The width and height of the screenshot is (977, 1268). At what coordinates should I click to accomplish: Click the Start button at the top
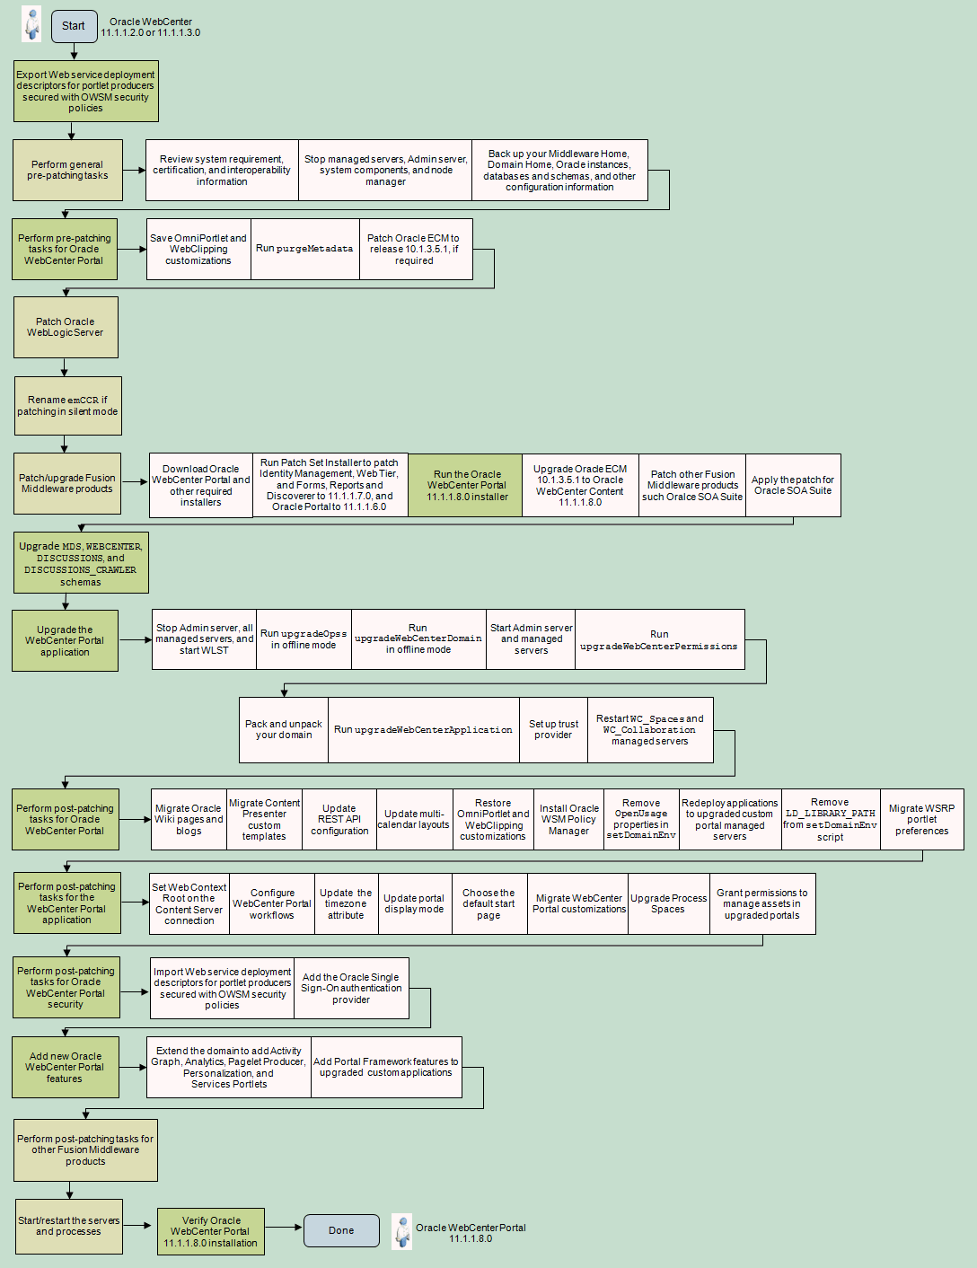(x=74, y=26)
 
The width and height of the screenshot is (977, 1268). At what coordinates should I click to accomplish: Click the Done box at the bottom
(x=341, y=1230)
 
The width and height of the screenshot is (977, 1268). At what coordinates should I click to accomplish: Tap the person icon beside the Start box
(x=31, y=24)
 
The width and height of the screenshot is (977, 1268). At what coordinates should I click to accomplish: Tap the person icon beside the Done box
(x=401, y=1231)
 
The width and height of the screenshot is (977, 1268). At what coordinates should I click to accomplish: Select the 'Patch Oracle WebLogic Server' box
(x=66, y=328)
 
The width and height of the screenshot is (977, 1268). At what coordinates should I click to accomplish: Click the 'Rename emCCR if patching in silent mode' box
(x=68, y=406)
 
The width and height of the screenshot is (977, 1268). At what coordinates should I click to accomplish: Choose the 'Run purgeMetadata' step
(x=305, y=249)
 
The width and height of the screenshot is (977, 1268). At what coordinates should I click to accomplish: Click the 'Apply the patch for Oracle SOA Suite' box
(x=793, y=485)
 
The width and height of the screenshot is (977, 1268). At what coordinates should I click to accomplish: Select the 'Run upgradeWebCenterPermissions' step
(x=659, y=639)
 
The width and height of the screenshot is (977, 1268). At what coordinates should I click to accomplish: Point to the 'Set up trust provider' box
(x=553, y=729)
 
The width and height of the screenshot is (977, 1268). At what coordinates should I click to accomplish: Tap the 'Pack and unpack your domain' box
(x=284, y=729)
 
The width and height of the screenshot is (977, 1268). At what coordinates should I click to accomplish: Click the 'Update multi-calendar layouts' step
(x=414, y=819)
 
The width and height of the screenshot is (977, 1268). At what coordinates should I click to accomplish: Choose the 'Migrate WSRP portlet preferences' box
(x=921, y=819)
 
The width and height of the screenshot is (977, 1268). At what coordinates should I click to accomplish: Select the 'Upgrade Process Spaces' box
(x=668, y=903)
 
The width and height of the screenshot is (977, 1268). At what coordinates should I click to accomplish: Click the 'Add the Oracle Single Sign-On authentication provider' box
(x=351, y=988)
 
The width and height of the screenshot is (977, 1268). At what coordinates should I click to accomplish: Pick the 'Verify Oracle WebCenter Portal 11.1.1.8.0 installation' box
(x=210, y=1231)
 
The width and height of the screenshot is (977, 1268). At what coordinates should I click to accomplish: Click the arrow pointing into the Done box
(x=284, y=1228)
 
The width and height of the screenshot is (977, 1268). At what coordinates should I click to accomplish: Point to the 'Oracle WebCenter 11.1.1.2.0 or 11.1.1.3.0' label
(x=151, y=27)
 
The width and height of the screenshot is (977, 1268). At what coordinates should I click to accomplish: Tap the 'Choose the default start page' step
(x=489, y=903)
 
